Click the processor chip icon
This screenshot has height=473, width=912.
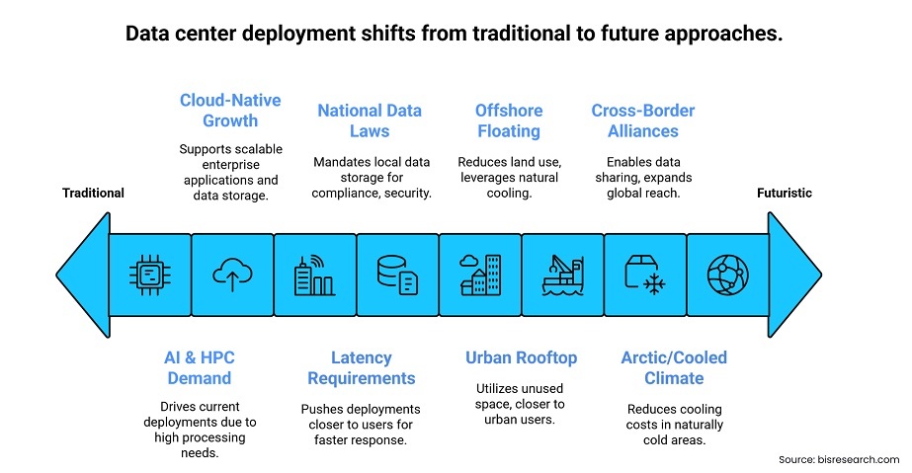[150, 275]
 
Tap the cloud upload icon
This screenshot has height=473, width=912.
[232, 275]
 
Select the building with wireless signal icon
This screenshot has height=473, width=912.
[314, 275]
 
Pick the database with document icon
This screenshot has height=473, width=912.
[397, 275]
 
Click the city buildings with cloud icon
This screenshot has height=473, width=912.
[480, 275]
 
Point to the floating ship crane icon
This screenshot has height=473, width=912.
[562, 275]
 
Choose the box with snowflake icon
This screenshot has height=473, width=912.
[645, 276]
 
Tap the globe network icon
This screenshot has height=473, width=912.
[727, 275]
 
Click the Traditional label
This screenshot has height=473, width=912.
[93, 193]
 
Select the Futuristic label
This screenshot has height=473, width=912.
[784, 193]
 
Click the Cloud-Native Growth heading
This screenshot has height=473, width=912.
[230, 111]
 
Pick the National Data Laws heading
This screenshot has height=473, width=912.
[370, 120]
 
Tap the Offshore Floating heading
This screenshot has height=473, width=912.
[509, 120]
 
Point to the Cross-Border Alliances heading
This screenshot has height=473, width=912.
[643, 120]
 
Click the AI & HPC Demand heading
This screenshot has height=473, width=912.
[200, 367]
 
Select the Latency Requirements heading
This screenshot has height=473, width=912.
[362, 367]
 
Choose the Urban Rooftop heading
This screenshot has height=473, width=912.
[521, 357]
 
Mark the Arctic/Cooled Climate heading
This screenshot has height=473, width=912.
[674, 367]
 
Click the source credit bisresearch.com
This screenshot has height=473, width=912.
[839, 459]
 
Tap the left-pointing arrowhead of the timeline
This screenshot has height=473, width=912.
[83, 275]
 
